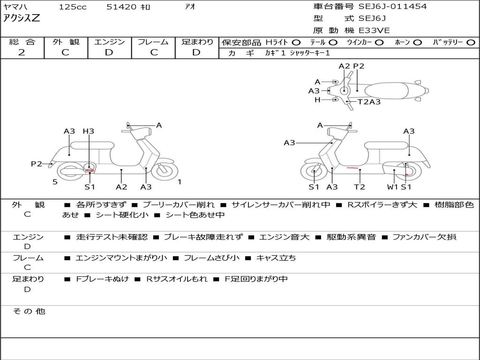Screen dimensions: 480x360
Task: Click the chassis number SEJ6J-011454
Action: click(x=392, y=7)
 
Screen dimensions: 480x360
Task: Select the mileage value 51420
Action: click(x=122, y=7)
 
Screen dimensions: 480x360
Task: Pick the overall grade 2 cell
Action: click(x=22, y=52)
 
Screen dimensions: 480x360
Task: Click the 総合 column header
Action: click(x=22, y=42)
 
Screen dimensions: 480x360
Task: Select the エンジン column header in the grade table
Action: click(x=109, y=42)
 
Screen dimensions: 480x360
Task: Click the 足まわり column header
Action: click(x=197, y=42)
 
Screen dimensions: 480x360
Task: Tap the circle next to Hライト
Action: click(x=296, y=42)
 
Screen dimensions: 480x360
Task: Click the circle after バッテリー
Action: click(x=471, y=42)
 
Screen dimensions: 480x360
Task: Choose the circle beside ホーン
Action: click(x=417, y=42)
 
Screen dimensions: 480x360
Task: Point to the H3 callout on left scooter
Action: click(x=88, y=131)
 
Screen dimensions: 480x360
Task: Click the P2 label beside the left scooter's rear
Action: click(x=37, y=164)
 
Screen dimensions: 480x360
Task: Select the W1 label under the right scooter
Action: click(x=392, y=187)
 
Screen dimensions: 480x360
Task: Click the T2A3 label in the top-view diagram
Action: click(x=369, y=102)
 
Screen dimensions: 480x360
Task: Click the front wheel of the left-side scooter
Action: click(x=165, y=171)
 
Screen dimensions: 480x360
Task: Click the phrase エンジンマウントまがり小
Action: click(x=121, y=258)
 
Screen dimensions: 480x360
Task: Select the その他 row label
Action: click(x=28, y=311)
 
